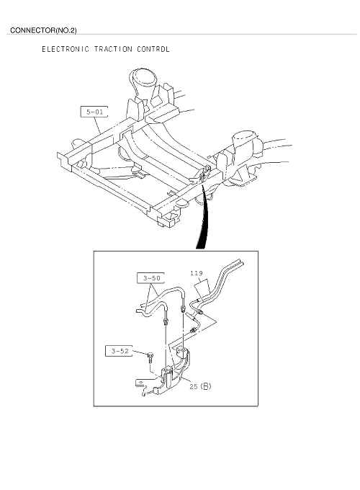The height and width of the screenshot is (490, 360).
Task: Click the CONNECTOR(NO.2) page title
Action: (x=43, y=30)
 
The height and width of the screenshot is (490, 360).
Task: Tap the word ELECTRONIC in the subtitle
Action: (x=66, y=49)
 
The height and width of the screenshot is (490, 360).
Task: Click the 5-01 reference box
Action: (x=94, y=112)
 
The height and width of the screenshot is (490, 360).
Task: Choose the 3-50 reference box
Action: (x=150, y=278)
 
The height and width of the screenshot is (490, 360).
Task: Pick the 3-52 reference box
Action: (x=119, y=351)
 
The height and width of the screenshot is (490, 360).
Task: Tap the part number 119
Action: (x=197, y=273)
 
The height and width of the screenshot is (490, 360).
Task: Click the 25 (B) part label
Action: (x=200, y=386)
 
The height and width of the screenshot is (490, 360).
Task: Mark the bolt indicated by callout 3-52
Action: (x=150, y=357)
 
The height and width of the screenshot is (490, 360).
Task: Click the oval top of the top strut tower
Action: (x=143, y=75)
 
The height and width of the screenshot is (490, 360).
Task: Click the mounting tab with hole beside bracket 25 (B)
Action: (x=140, y=383)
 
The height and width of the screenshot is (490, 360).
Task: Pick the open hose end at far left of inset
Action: (x=138, y=311)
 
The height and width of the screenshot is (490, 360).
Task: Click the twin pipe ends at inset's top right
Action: (x=240, y=263)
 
